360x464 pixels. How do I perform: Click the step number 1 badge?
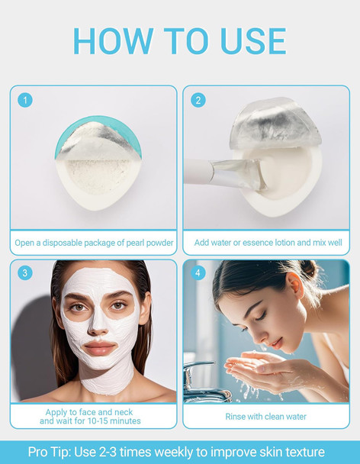25,100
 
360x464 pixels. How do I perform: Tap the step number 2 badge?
198,100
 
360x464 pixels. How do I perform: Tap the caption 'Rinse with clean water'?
266,417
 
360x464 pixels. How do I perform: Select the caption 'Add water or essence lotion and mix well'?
267,243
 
